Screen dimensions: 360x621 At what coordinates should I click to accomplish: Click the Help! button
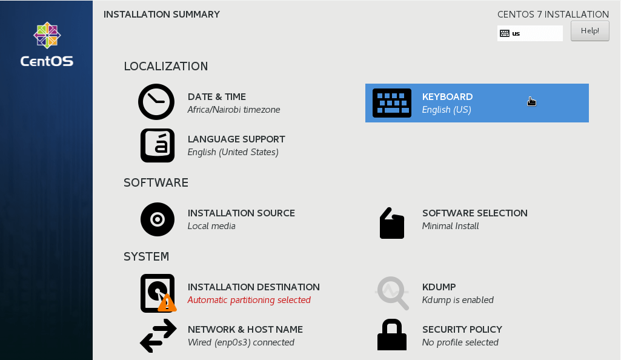point(589,31)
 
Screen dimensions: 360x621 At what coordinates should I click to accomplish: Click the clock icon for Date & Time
point(156,101)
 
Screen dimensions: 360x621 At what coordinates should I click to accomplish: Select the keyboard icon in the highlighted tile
point(391,103)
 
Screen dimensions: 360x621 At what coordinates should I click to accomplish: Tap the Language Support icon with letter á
point(158,145)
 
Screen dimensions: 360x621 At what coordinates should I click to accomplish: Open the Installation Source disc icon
point(158,219)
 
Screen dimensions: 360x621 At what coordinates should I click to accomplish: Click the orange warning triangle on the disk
point(167,303)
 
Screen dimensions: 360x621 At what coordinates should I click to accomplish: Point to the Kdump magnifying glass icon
point(392,293)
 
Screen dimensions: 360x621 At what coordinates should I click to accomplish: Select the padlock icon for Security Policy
point(391,335)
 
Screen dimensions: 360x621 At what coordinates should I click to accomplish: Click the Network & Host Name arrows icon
point(158,336)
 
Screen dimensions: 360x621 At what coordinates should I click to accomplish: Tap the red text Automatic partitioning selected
point(249,300)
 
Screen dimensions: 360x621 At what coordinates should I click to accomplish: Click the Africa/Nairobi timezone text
point(234,110)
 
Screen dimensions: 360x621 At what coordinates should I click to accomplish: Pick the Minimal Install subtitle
point(450,226)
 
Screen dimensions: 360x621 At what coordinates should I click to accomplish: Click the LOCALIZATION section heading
point(165,66)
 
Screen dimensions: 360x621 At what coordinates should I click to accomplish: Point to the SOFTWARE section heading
point(156,182)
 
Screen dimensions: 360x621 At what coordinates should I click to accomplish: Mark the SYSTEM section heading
point(146,256)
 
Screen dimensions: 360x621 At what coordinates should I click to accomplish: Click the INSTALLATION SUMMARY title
point(162,14)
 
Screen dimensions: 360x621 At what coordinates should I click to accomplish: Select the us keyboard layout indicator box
point(530,33)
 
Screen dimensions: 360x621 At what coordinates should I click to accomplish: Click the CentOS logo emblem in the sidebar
point(47,35)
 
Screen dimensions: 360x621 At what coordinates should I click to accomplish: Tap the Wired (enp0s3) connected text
point(241,342)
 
